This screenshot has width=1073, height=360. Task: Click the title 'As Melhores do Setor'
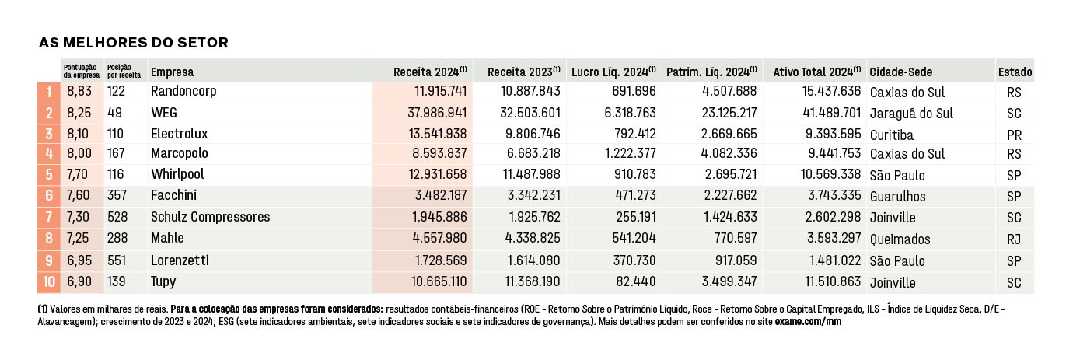coord(134,43)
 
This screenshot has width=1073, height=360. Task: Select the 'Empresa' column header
coord(173,72)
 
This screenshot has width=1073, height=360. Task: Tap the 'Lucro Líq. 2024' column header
coord(613,72)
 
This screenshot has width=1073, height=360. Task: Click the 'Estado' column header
coord(1015,72)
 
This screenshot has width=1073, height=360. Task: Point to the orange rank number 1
coord(49,92)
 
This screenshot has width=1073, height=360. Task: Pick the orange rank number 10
coord(49,281)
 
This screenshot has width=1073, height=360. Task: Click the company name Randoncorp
coord(183,91)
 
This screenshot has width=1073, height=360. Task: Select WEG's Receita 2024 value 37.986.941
coord(437,113)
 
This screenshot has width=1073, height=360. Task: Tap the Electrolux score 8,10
coord(78,134)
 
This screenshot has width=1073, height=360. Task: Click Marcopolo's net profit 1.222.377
coord(631,153)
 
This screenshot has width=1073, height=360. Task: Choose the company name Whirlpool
coord(178,173)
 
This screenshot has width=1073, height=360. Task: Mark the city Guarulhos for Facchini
coord(898,196)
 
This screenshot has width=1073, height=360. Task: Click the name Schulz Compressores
coord(210,217)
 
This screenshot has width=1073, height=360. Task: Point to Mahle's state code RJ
coord(1014,239)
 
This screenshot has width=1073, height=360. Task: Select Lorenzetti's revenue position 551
coord(117,260)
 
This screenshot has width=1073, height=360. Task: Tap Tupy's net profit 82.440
coord(636,281)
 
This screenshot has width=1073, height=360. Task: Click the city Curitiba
coord(892,135)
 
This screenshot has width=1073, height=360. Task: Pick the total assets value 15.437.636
coord(832,91)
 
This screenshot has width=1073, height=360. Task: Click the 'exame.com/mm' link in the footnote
coord(808,322)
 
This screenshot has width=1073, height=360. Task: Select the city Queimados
coord(900,239)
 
